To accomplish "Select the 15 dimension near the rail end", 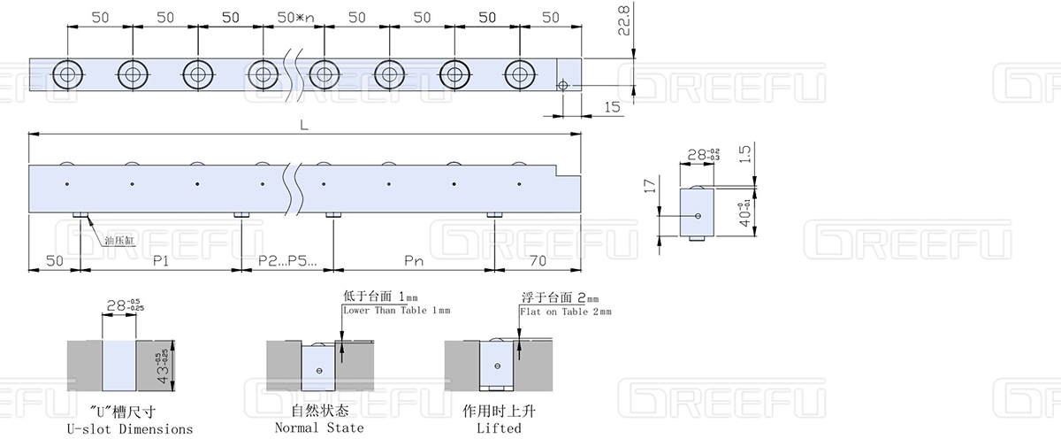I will click(x=612, y=106).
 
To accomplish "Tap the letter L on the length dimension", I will click(x=303, y=126).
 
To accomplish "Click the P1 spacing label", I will click(x=161, y=262).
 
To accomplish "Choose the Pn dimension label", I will click(x=413, y=262).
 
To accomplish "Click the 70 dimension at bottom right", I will click(x=538, y=262).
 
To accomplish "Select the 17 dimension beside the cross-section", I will click(x=650, y=187).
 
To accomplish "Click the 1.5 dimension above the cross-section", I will click(x=745, y=155).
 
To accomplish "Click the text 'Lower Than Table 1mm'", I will click(x=396, y=311).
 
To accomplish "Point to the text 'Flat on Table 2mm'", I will click(x=566, y=312).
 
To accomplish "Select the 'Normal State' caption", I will click(x=319, y=428).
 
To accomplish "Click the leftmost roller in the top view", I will click(x=67, y=73).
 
